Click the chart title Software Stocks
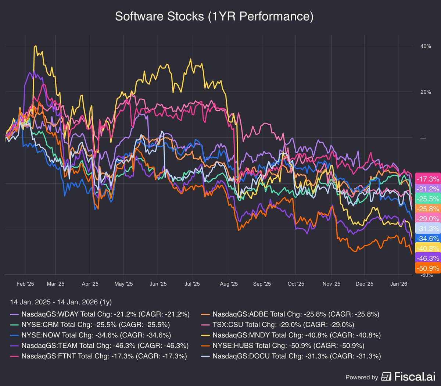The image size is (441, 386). click(x=214, y=17)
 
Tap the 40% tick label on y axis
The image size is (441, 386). click(x=426, y=46)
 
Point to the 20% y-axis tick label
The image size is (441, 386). click(x=426, y=92)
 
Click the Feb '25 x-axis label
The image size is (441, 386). click(x=25, y=284)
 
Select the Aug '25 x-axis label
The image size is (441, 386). click(x=229, y=284)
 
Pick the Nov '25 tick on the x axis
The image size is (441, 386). click(x=331, y=284)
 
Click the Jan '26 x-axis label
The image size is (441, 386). click(x=399, y=284)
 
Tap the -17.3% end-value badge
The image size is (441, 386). click(x=428, y=179)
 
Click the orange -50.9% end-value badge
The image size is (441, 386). click(x=428, y=268)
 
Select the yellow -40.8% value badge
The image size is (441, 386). click(x=428, y=249)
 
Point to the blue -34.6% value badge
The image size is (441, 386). click(x=428, y=239)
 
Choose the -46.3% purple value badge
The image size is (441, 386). click(x=428, y=258)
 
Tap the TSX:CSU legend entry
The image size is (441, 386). click(x=283, y=325)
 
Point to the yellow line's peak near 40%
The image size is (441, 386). click(x=35, y=46)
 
